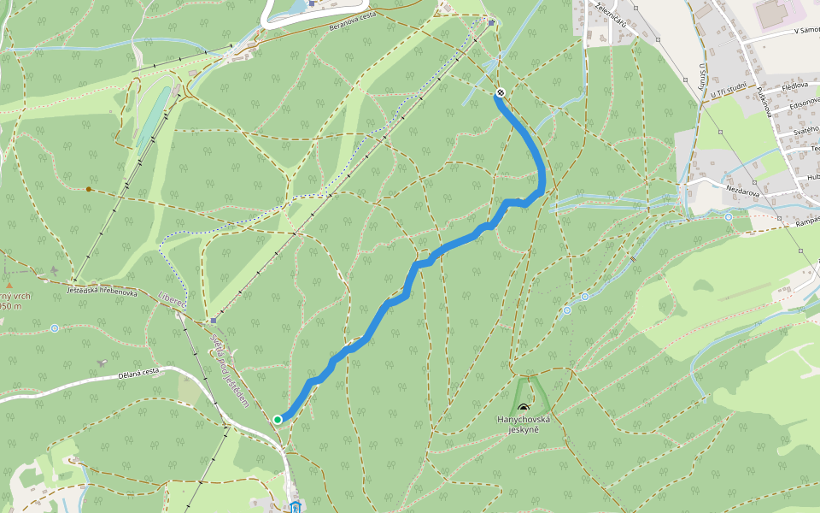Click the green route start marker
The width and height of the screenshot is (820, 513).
pyautogui.click(x=278, y=419)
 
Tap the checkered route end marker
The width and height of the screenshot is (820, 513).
pyautogui.click(x=500, y=93)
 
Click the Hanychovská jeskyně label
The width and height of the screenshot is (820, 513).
pyautogui.click(x=524, y=425)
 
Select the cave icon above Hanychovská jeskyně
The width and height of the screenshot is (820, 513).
pyautogui.click(x=523, y=408)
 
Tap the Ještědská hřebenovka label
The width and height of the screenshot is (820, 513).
pyautogui.click(x=102, y=292)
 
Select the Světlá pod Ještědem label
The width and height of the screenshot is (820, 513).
pyautogui.click(x=228, y=369)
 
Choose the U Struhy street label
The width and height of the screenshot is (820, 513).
pyautogui.click(x=702, y=83)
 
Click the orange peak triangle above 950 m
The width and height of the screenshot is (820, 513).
pyautogui.click(x=9, y=286)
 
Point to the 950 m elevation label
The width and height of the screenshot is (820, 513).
pyautogui.click(x=10, y=305)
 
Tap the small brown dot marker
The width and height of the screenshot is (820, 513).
pyautogui.click(x=89, y=189)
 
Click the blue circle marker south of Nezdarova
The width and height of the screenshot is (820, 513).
pyautogui.click(x=728, y=218)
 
